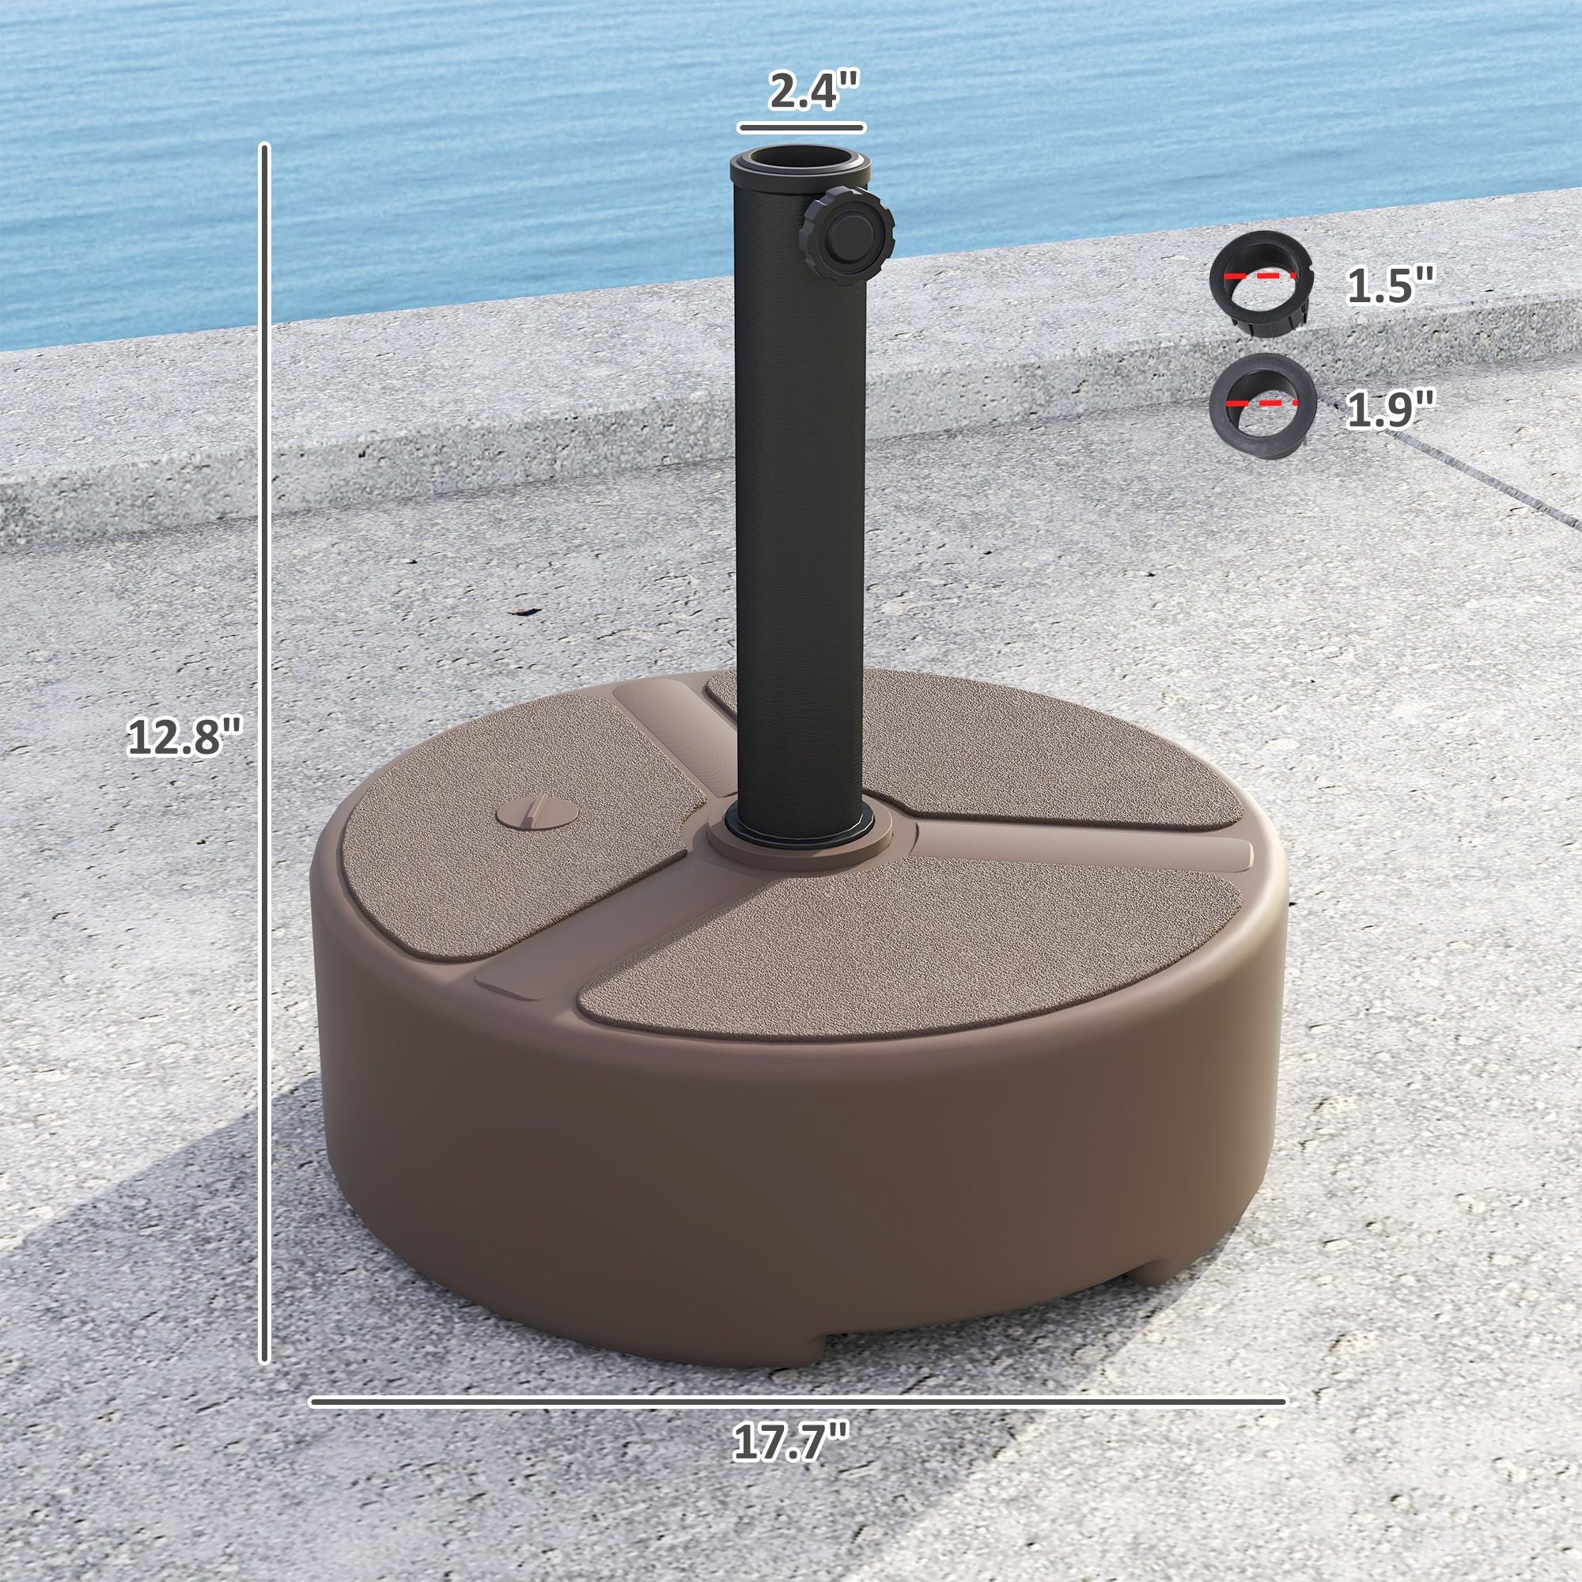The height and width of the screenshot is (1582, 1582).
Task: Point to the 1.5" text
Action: [1391, 288]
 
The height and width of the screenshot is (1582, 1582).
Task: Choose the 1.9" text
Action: [1391, 409]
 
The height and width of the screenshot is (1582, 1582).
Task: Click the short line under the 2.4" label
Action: [800, 126]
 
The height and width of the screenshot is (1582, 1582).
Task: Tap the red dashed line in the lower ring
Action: [1262, 403]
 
